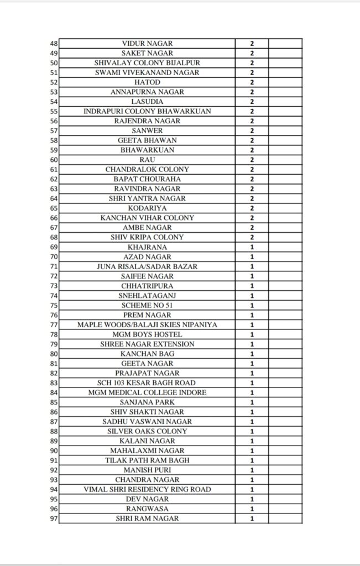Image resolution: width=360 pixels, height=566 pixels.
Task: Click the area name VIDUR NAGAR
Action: pyautogui.click(x=147, y=44)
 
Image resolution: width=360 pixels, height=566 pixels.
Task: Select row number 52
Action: pyautogui.click(x=54, y=82)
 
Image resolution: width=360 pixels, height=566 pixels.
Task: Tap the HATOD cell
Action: pyautogui.click(x=147, y=82)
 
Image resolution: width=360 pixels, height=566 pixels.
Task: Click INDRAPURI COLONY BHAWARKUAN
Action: pyautogui.click(x=147, y=111)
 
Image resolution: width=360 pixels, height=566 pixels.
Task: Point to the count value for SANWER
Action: pyautogui.click(x=252, y=130)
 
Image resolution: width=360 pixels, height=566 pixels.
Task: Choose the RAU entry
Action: pyautogui.click(x=147, y=160)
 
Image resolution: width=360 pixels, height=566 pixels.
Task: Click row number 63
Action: pyautogui.click(x=54, y=188)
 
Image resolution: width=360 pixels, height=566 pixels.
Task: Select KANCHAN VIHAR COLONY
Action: pyautogui.click(x=147, y=218)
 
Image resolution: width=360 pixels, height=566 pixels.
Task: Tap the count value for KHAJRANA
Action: pyautogui.click(x=252, y=247)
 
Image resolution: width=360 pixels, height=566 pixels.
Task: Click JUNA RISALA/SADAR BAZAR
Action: pyautogui.click(x=147, y=266)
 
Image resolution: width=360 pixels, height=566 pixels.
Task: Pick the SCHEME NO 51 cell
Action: pyautogui.click(x=147, y=305)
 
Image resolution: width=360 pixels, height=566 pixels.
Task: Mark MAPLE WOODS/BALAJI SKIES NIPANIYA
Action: pyautogui.click(x=147, y=324)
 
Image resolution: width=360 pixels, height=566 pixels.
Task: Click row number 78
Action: pyautogui.click(x=54, y=334)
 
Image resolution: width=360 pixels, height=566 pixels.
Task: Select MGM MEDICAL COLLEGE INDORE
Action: pyautogui.click(x=147, y=392)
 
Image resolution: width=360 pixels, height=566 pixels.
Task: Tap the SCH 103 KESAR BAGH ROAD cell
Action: pyautogui.click(x=147, y=382)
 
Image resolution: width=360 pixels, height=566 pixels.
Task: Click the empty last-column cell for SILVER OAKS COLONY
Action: pyautogui.click(x=285, y=431)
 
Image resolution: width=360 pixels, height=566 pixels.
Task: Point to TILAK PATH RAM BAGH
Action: pyautogui.click(x=147, y=460)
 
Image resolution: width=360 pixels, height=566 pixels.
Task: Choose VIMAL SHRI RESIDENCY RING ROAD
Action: pyautogui.click(x=147, y=489)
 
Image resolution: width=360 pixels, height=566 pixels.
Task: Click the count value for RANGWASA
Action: pyautogui.click(x=252, y=509)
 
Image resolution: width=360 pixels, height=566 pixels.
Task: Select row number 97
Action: pyautogui.click(x=54, y=518)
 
